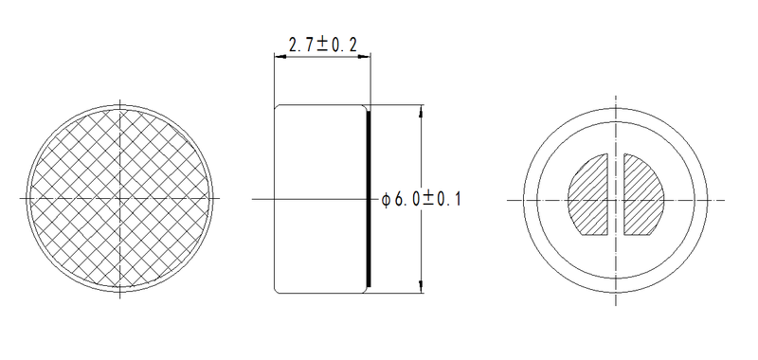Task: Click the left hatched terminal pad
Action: tap(591, 195)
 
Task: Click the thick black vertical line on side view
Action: tap(369, 198)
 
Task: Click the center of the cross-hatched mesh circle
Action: tap(121, 198)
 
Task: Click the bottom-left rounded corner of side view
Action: tap(277, 291)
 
